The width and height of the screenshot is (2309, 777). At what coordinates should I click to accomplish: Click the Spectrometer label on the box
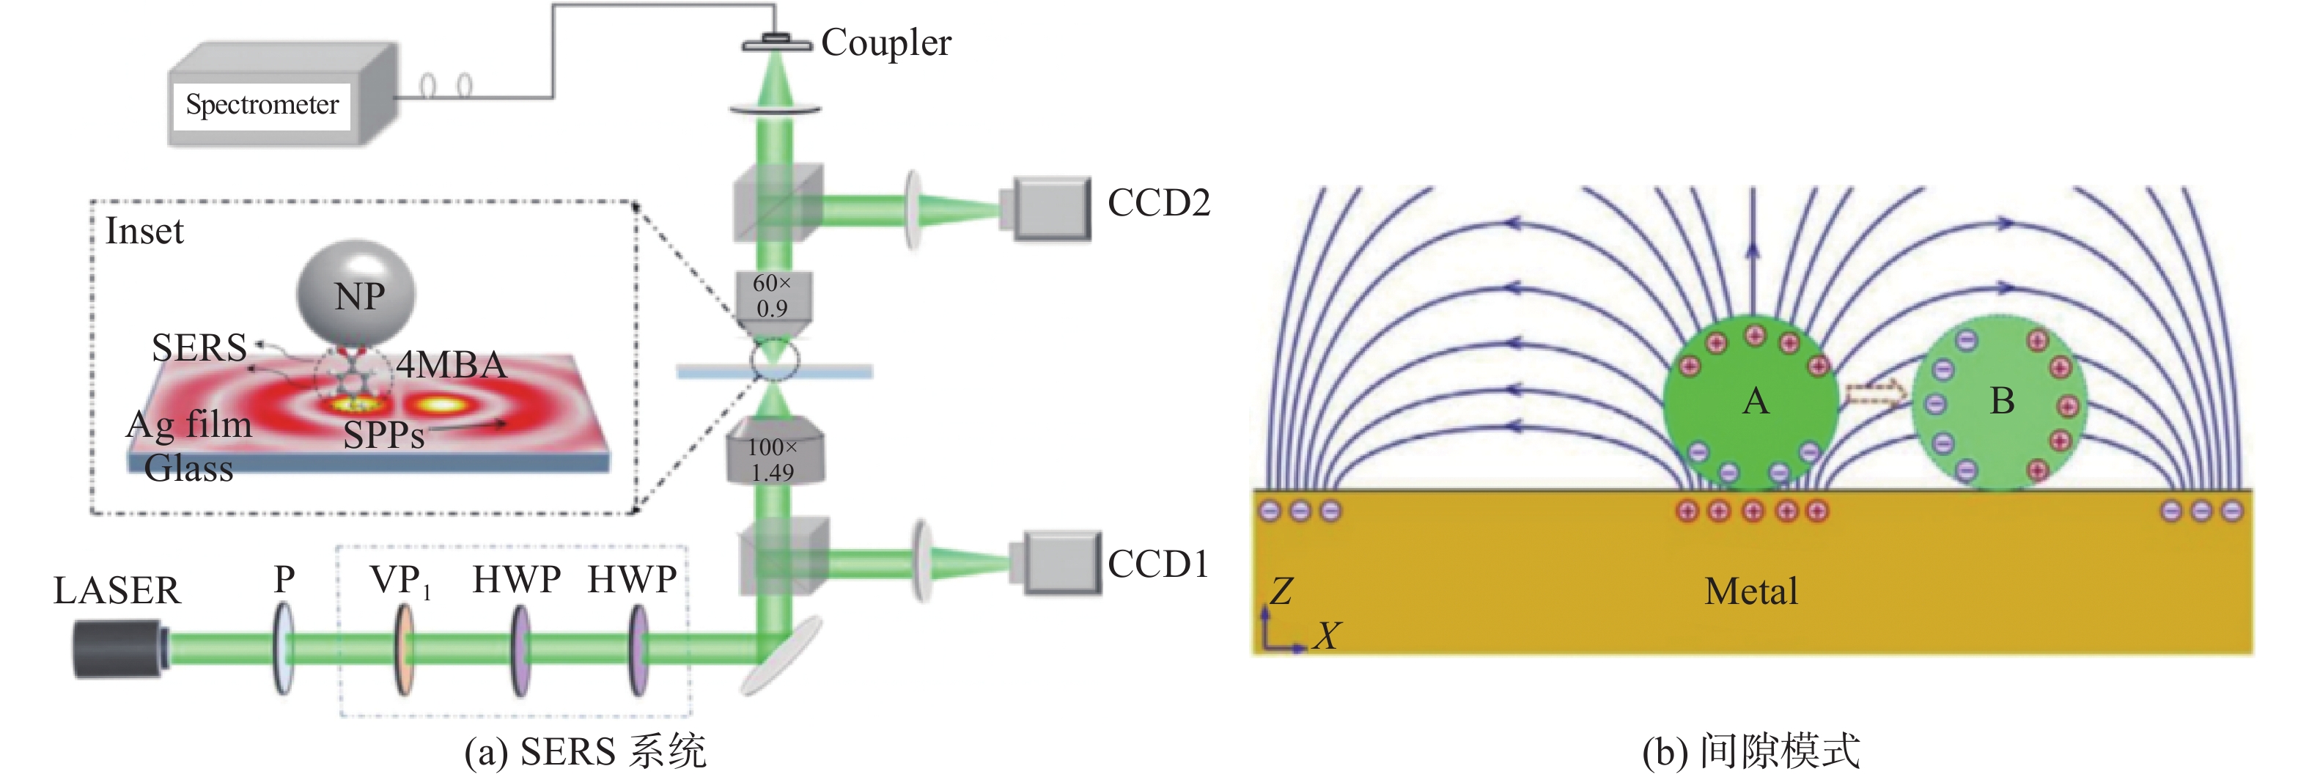point(262,105)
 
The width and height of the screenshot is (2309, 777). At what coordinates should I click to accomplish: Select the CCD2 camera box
point(1046,209)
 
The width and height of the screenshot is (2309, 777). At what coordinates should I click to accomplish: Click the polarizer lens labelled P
point(283,649)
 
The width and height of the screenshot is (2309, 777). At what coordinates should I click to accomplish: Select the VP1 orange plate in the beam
point(404,649)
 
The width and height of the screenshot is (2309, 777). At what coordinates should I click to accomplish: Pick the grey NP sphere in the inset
point(356,293)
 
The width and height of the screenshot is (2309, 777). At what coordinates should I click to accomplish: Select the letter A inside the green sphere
point(1755,401)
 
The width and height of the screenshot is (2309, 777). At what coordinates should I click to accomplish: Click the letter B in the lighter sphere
point(2002,401)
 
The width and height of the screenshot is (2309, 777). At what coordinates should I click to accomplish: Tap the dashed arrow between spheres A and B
point(1875,391)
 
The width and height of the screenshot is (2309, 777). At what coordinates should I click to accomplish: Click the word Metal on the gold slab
point(1750,592)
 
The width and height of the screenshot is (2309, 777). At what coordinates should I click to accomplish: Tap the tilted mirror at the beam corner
point(781,656)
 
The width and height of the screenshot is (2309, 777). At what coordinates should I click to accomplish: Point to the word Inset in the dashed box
point(144,231)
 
